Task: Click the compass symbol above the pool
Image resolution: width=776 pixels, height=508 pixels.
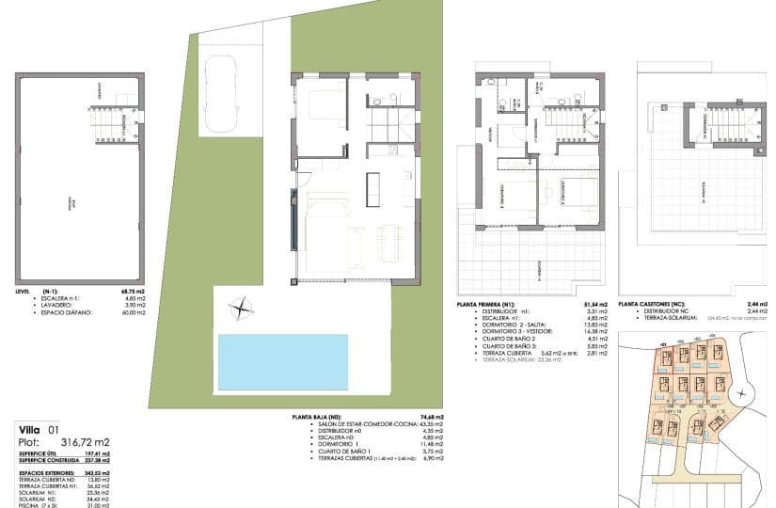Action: (243, 308)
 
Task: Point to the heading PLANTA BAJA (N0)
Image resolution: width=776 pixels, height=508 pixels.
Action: (329, 414)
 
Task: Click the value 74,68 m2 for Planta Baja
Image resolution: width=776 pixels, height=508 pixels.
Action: (432, 414)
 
